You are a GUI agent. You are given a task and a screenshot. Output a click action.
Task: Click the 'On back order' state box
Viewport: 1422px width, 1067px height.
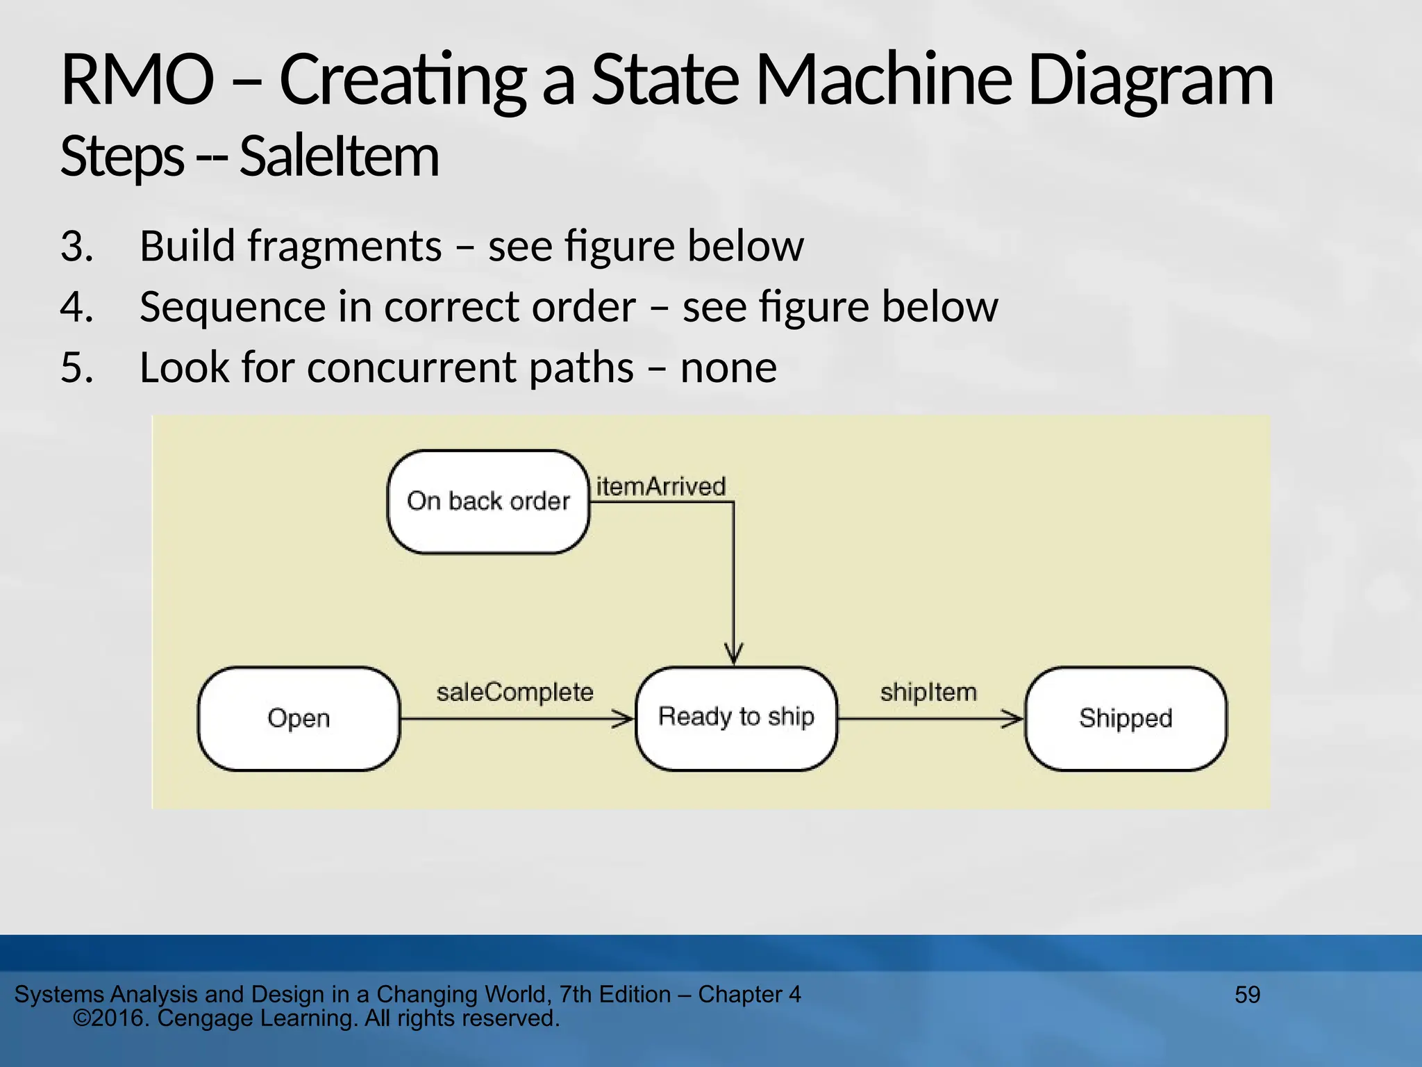pos(488,502)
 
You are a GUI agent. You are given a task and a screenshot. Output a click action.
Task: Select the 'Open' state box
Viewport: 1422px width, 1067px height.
pos(299,718)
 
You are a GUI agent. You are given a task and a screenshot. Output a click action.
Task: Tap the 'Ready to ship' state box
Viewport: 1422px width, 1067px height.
pos(736,718)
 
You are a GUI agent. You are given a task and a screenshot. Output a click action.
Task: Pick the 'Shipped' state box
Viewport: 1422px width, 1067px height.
pos(1126,718)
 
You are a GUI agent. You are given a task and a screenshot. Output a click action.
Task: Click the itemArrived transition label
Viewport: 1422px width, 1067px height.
pos(660,486)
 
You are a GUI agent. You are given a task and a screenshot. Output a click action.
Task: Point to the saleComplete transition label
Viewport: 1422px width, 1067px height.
pos(515,692)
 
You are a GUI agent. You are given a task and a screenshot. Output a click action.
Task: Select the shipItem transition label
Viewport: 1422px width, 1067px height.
pos(928,692)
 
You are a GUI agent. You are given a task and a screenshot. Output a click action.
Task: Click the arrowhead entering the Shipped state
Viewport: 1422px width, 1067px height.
pos(1014,719)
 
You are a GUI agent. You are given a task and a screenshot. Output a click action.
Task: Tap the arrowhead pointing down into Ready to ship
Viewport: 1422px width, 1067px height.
pos(734,654)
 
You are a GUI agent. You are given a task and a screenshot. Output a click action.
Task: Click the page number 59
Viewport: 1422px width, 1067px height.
pos(1247,995)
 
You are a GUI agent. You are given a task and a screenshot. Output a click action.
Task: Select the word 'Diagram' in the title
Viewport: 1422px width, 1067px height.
pos(1150,81)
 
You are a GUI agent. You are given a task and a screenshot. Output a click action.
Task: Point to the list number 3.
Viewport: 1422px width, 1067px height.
pos(76,246)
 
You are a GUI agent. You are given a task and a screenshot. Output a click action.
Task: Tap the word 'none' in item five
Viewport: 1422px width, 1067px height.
pos(728,367)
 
